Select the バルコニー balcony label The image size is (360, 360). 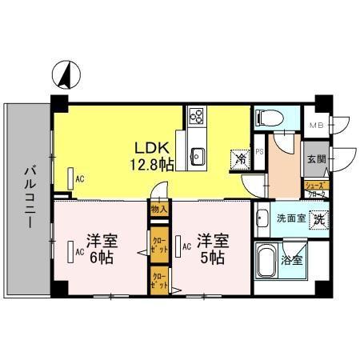point(29,197)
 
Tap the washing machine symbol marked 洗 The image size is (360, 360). point(318,218)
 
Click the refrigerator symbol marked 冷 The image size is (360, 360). point(239,159)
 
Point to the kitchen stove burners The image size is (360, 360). point(197,120)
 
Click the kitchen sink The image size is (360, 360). point(197,154)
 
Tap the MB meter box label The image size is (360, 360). point(318,125)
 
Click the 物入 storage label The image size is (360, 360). point(158,210)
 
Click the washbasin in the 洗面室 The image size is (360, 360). point(263,218)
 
